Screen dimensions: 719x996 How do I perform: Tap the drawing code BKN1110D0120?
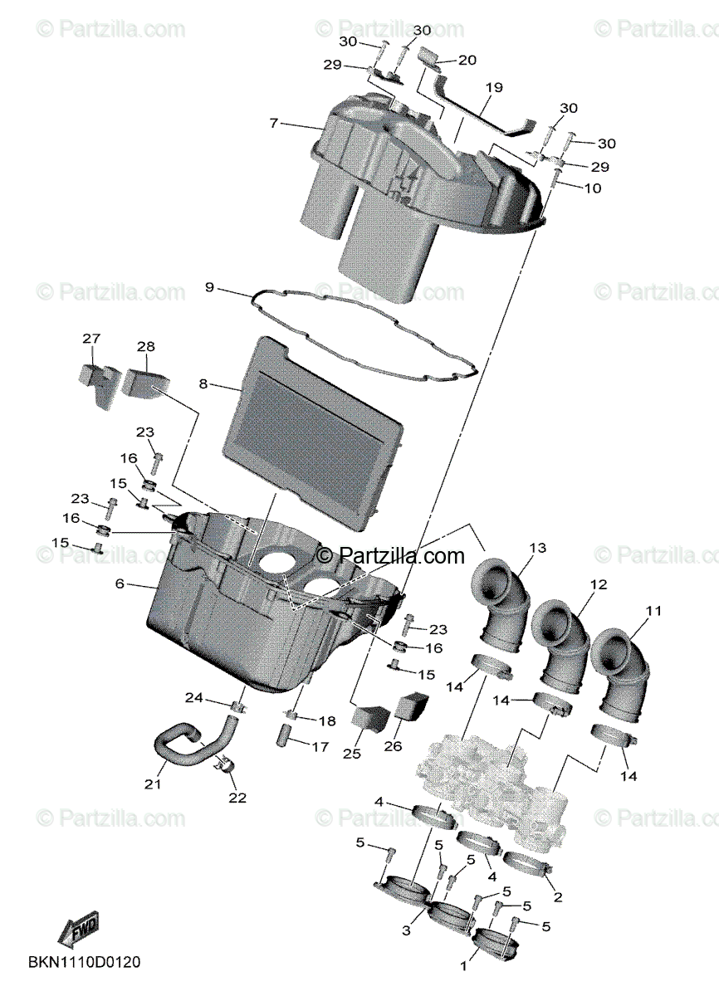84,964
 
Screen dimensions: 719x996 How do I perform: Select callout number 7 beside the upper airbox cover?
273,123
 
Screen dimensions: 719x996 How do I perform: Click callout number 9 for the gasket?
209,288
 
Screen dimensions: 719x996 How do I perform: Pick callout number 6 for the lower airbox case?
120,584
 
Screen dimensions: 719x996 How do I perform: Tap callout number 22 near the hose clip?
237,798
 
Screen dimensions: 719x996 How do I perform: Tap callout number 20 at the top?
467,60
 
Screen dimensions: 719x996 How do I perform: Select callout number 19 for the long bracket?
494,86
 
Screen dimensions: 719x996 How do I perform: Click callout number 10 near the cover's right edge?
592,188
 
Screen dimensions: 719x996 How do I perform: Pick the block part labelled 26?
411,710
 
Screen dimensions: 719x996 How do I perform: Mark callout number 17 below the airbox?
320,747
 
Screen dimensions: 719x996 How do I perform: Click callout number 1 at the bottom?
463,966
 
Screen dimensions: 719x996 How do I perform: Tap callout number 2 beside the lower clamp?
557,897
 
